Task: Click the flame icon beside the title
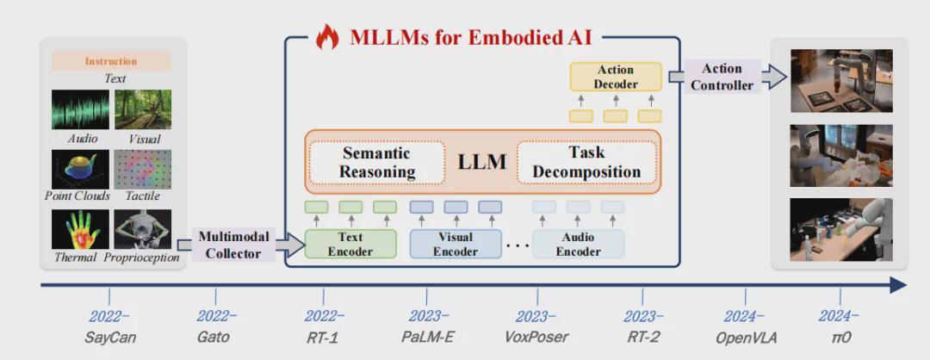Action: coord(327,36)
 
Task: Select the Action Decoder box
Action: coord(616,77)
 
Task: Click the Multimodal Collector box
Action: coord(237,245)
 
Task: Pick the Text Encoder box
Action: coord(350,244)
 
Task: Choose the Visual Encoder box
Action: coord(455,244)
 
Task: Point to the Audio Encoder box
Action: coord(578,244)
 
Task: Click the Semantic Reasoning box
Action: coord(376,162)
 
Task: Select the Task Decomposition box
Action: coord(586,162)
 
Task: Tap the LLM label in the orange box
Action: coord(481,162)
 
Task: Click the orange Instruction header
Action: coord(111,61)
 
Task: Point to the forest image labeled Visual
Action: coord(143,109)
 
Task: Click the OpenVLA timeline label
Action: coord(746,337)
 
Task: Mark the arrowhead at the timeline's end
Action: coord(898,285)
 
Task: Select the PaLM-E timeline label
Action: coord(428,337)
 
